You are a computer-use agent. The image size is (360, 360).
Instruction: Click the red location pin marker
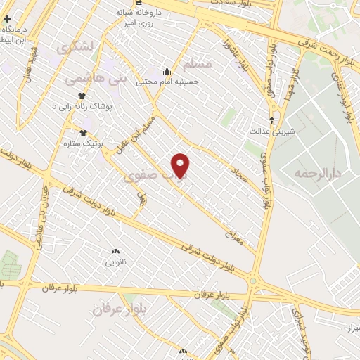[x=181, y=165]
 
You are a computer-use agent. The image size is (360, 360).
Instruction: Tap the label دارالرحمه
[x=317, y=172]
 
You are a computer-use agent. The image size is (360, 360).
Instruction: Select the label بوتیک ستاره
[x=103, y=143]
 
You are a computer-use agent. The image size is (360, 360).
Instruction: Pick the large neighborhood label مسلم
[x=196, y=65]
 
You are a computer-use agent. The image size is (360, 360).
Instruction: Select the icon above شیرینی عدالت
[x=273, y=119]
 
